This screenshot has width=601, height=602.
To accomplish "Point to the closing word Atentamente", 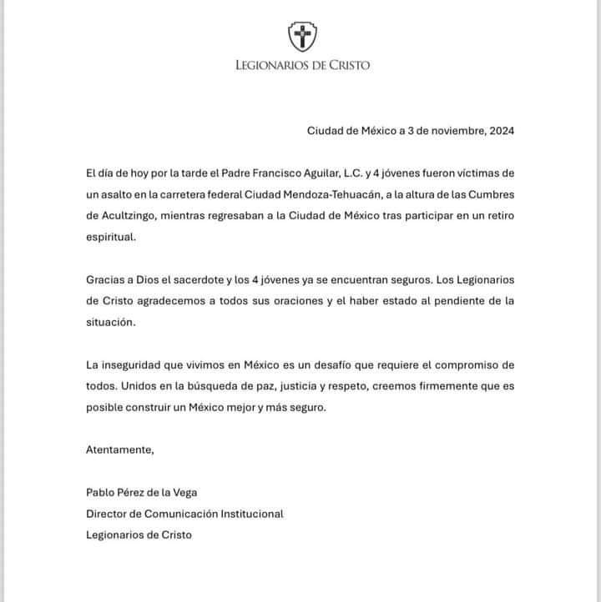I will [120, 450].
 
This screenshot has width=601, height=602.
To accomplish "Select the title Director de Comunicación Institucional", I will [184, 514].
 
